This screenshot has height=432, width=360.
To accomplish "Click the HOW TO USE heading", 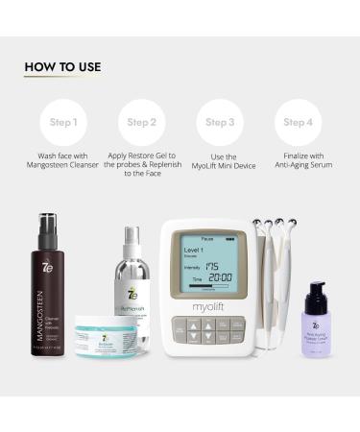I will [x=62, y=66].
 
